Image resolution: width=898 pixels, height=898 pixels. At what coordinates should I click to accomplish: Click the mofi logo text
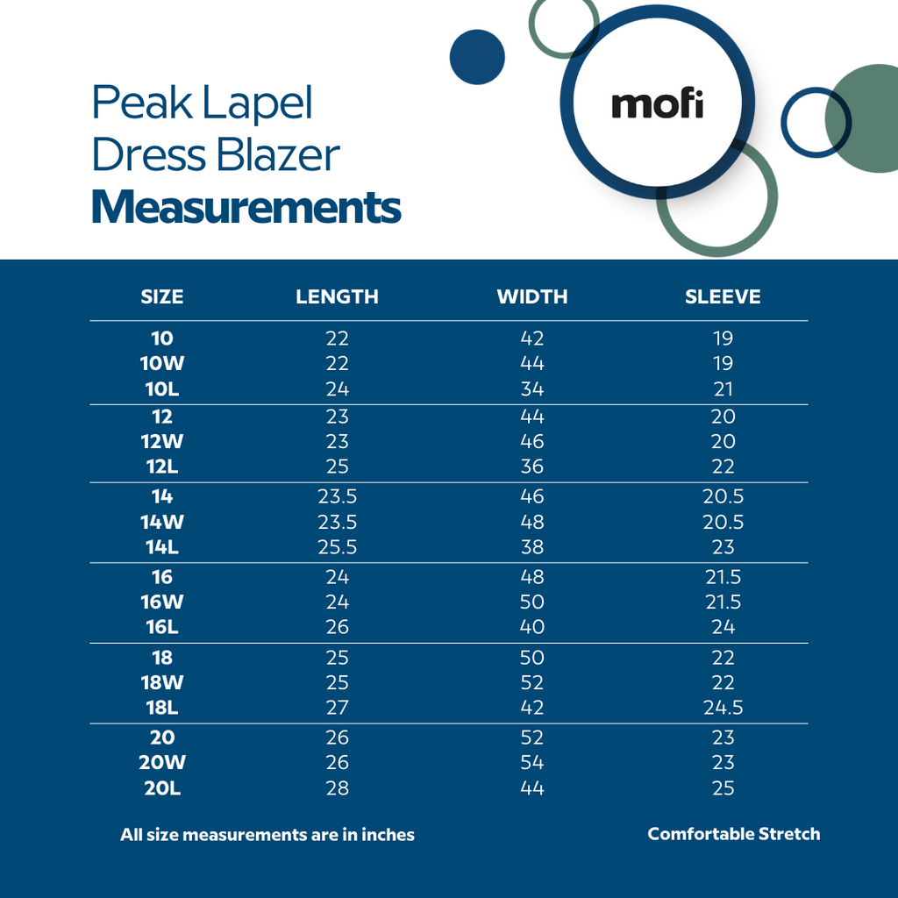(657, 105)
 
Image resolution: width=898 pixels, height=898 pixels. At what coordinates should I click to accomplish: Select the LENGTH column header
(337, 296)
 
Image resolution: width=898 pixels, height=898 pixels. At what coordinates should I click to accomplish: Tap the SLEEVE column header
(723, 296)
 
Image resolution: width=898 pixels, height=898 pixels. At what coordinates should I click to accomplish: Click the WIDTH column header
(532, 296)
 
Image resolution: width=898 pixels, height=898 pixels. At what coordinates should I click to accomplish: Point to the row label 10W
(162, 363)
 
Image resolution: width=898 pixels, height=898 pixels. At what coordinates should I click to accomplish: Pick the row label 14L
(162, 547)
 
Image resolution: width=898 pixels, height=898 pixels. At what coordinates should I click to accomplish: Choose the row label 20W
(162, 763)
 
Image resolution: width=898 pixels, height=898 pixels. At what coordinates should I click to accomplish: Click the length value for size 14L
(337, 547)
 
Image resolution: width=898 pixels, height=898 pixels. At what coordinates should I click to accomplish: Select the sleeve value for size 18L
(723, 708)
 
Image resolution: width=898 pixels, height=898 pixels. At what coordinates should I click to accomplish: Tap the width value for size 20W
(532, 763)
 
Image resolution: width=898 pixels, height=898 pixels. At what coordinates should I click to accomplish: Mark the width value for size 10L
(532, 388)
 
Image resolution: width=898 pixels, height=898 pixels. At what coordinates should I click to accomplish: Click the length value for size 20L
(337, 788)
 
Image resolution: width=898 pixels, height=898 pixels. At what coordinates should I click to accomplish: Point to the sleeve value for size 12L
(723, 467)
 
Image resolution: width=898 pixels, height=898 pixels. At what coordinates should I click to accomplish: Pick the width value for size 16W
(532, 602)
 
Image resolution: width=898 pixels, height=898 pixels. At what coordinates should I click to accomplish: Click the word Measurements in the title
(246, 208)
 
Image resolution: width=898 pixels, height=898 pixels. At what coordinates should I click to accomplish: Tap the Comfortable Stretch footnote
(734, 834)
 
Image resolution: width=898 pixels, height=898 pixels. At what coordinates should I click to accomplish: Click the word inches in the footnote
(382, 835)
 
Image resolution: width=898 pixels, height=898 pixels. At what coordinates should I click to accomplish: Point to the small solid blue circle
(477, 57)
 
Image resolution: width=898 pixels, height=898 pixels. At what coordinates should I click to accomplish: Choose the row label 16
(162, 577)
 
